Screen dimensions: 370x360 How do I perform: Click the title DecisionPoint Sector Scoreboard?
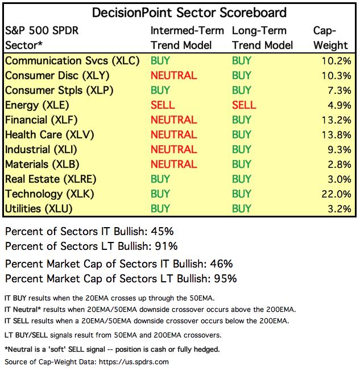[181, 13]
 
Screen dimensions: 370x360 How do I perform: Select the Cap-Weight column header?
[331, 38]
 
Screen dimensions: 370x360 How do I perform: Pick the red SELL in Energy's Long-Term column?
[244, 105]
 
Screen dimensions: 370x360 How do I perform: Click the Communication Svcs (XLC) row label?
[72, 60]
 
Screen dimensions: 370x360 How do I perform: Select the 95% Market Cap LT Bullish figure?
[225, 278]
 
